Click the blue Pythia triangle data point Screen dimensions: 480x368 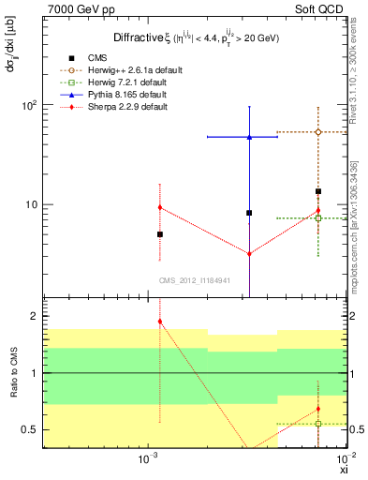[x=249, y=137]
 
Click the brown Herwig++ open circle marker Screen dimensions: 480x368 [x=318, y=132]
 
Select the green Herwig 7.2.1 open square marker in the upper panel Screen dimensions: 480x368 [x=318, y=217]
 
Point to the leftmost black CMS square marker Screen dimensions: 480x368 [x=160, y=234]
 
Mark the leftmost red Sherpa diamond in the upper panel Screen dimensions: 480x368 [x=160, y=207]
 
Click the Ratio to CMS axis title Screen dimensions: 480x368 [x=14, y=373]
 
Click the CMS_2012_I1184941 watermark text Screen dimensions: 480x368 [x=194, y=281]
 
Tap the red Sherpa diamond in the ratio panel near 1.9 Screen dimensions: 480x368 [x=160, y=322]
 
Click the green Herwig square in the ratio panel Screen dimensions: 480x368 [x=318, y=424]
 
